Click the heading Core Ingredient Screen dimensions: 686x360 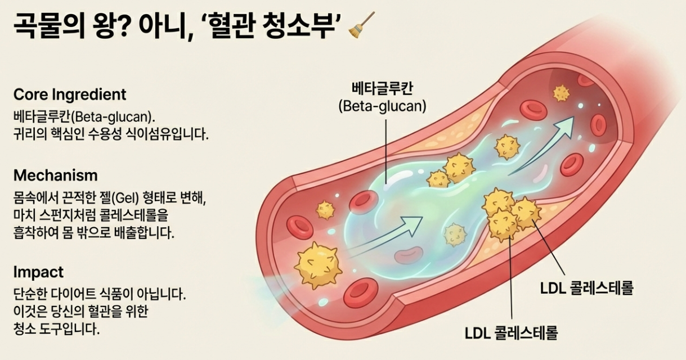pos(70,94)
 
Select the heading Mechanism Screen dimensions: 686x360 pos(55,175)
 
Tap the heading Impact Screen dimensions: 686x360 pos(38,272)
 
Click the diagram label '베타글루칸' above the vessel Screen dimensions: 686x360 pos(383,88)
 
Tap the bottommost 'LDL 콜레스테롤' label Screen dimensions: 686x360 pos(511,332)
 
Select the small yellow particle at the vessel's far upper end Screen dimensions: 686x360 pos(561,93)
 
